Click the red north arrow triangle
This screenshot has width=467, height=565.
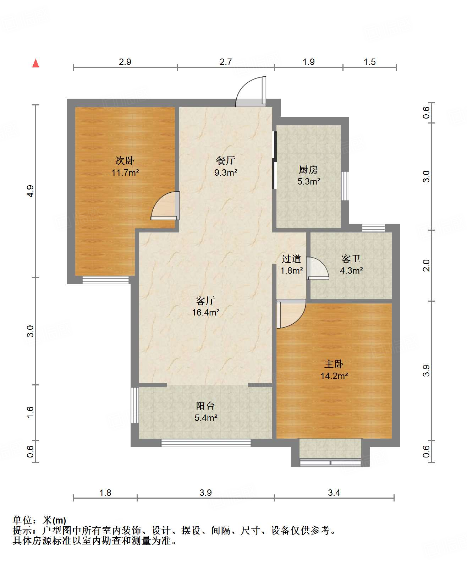point(36,63)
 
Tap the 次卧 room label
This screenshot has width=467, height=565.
point(125,160)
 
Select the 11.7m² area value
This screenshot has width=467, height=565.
point(125,172)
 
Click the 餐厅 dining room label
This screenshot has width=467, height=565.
point(226,160)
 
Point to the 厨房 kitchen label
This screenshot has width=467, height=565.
point(308,170)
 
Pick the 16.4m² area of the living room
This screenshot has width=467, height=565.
point(205,313)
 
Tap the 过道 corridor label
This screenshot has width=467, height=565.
point(291,259)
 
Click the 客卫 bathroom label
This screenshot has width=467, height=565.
point(351,259)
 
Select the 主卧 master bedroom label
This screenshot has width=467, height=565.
point(334,364)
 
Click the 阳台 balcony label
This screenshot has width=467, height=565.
point(205,406)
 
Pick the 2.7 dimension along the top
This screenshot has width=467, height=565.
point(226,62)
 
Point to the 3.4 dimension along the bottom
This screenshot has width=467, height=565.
point(334,493)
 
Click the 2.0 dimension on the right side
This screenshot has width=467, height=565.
point(426,265)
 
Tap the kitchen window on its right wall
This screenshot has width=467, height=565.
point(345,186)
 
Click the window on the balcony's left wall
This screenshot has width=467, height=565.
point(135,405)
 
